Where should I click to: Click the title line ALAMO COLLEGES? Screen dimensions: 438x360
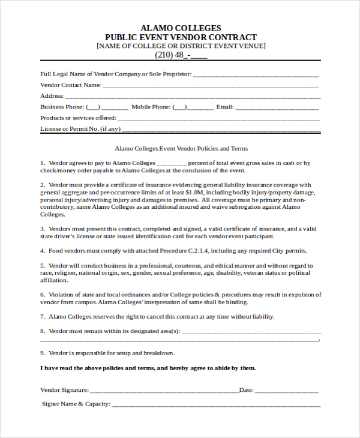point(180,28)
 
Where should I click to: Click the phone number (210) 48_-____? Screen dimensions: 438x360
point(181,55)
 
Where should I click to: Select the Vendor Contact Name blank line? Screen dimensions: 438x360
point(210,85)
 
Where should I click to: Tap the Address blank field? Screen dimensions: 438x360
point(192,96)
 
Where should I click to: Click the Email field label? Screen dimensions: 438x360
point(224,107)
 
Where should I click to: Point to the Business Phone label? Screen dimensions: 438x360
point(62,107)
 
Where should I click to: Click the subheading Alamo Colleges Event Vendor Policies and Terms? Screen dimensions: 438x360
point(181,148)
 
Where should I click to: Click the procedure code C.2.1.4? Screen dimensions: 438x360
point(204,251)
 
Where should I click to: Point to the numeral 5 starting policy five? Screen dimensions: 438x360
point(43,265)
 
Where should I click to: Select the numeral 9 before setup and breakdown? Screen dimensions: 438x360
point(43,353)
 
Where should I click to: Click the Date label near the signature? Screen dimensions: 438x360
point(246,390)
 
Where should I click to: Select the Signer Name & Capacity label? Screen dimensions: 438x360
point(76,404)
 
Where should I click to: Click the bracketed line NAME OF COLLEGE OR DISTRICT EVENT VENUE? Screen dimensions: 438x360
point(181,46)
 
